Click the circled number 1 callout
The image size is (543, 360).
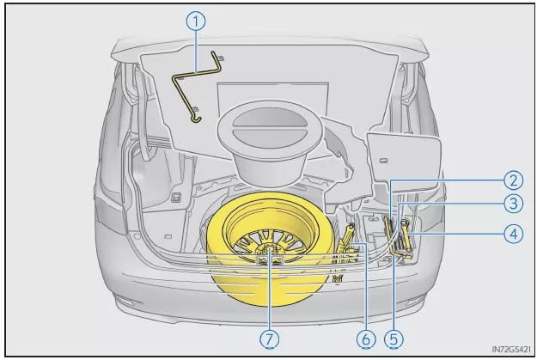point(197,23)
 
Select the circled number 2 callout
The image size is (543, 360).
point(513,180)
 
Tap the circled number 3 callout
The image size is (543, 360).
point(513,204)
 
